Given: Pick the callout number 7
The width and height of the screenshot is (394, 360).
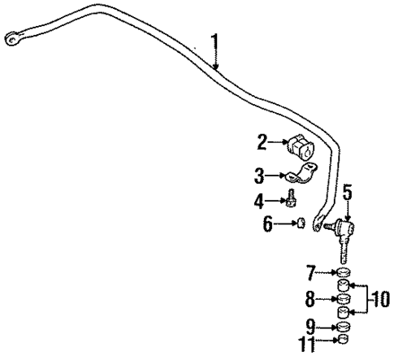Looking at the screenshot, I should tap(310, 271).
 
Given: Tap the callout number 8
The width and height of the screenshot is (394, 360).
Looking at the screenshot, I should tap(310, 297).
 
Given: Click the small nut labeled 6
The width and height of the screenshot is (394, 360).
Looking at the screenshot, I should tap(301, 223).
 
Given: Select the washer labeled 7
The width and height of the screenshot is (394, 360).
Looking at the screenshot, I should tap(344, 271).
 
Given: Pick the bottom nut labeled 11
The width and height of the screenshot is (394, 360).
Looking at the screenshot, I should tap(344, 339).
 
